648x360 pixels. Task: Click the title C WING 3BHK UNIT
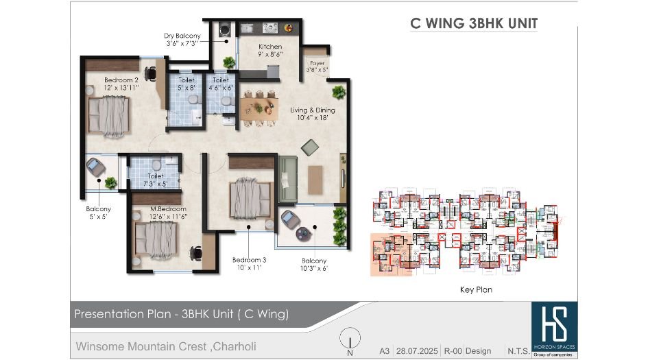pyautogui.click(x=474, y=23)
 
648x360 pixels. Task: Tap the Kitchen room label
pyautogui.click(x=251, y=47)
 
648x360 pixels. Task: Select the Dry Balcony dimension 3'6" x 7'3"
pyautogui.click(x=182, y=43)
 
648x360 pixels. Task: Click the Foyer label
pyautogui.click(x=317, y=63)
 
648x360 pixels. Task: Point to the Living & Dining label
pyautogui.click(x=313, y=110)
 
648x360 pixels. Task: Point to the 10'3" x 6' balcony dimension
pyautogui.click(x=314, y=268)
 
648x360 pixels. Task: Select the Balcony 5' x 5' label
pyautogui.click(x=99, y=212)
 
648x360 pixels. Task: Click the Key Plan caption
pyautogui.click(x=476, y=290)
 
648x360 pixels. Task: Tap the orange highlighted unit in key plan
pyautogui.click(x=389, y=254)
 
